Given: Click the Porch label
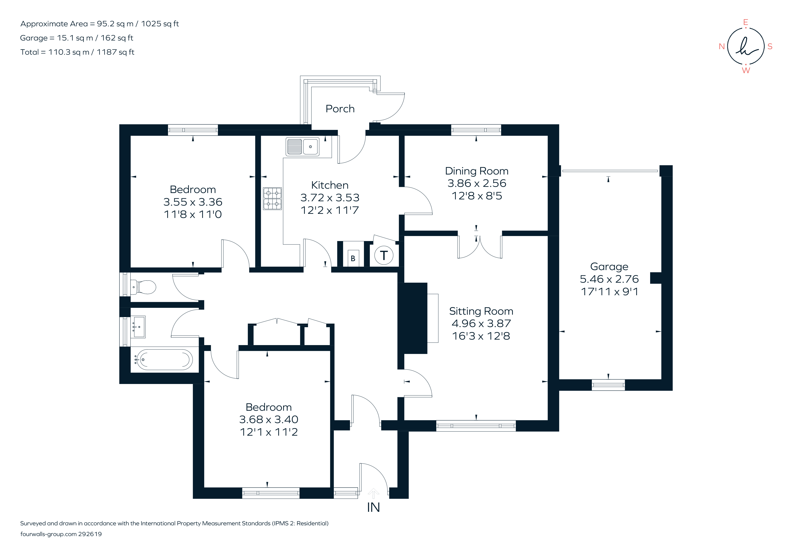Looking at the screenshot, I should pos(340,109).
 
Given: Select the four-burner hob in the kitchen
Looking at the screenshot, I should pos(272,199).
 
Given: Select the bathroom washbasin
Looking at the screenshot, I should pos(139,327).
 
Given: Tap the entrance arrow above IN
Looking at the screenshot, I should pos(373,493).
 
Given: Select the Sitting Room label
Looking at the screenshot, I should pos(481,311).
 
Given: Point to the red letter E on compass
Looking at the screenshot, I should pos(745,22).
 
